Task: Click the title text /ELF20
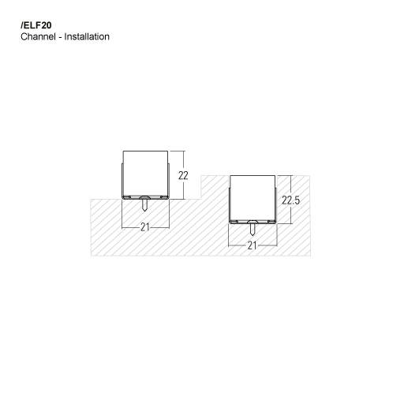click(x=36, y=24)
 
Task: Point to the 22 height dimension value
click(x=183, y=175)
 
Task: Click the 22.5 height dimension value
click(x=292, y=200)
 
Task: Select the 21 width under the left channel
click(x=145, y=227)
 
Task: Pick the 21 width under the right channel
click(x=252, y=245)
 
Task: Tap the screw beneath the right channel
click(x=252, y=230)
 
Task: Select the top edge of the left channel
click(x=145, y=150)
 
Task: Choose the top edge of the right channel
click(x=252, y=175)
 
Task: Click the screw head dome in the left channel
click(x=145, y=196)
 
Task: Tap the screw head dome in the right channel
click(x=252, y=222)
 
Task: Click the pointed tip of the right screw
click(x=252, y=238)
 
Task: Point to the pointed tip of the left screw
click(x=145, y=211)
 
